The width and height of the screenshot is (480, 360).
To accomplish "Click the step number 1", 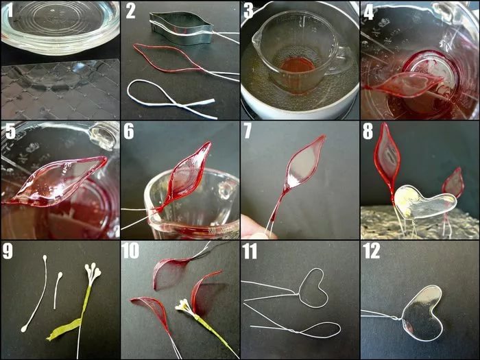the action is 11,11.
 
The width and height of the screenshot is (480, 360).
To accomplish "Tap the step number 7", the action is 248,131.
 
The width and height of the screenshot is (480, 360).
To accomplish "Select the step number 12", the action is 372,251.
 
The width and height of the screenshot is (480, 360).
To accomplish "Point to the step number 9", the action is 8,252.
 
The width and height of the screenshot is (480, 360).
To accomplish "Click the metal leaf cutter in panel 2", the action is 181,27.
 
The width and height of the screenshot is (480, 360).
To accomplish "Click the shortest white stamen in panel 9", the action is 57,289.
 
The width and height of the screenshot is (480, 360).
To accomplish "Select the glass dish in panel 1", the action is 60,27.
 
